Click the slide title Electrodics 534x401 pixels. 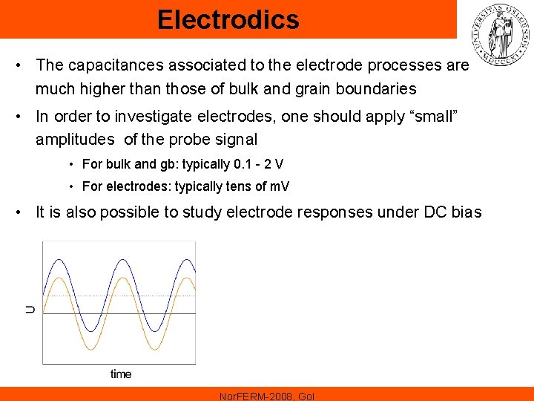(228, 19)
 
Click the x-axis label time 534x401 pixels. (120, 374)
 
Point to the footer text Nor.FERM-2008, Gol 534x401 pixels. (267, 396)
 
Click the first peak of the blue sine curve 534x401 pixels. (59, 258)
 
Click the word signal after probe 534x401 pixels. (237, 139)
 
